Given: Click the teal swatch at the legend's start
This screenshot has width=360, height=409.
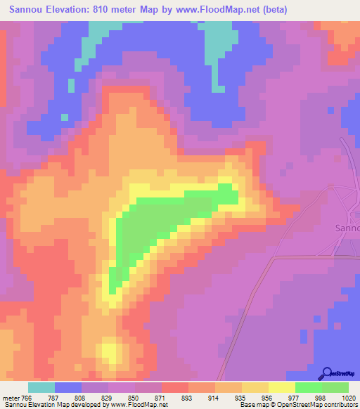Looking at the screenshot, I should [41, 387].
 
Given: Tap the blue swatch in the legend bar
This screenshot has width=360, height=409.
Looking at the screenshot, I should [68, 387].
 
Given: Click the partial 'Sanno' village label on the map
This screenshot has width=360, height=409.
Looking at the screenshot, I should [345, 228].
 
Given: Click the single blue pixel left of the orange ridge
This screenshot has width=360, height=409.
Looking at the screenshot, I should [70, 86].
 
